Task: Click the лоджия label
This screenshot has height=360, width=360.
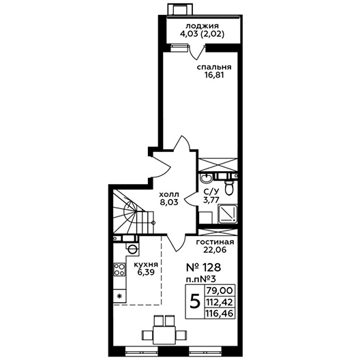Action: pyautogui.click(x=202, y=26)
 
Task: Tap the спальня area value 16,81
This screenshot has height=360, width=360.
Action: pyautogui.click(x=214, y=75)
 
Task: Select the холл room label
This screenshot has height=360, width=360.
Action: pyautogui.click(x=169, y=195)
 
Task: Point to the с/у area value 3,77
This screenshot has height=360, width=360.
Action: pyautogui.click(x=211, y=200)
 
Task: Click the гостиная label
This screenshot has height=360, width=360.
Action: pyautogui.click(x=215, y=242)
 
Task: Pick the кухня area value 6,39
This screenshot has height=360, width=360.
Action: pyautogui.click(x=146, y=273)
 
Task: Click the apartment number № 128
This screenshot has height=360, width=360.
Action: pyautogui.click(x=203, y=267)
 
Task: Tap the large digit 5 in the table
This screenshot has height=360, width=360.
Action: pyautogui.click(x=195, y=301)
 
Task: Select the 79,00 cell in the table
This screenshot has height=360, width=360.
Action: pyautogui.click(x=220, y=290)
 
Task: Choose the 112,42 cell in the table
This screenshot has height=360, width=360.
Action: pyautogui.click(x=220, y=301)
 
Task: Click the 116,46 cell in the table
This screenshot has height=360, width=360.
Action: pyautogui.click(x=220, y=313)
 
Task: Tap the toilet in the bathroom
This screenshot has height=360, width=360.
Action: pyautogui.click(x=229, y=187)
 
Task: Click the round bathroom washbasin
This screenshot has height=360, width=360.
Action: pyautogui.click(x=207, y=178)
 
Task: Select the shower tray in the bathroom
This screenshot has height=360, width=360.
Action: pyautogui.click(x=228, y=214)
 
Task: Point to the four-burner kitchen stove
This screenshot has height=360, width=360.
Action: pyautogui.click(x=119, y=269)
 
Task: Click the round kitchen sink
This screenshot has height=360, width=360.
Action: pyautogui.click(x=132, y=248)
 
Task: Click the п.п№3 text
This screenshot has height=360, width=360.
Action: pyautogui.click(x=200, y=279)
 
